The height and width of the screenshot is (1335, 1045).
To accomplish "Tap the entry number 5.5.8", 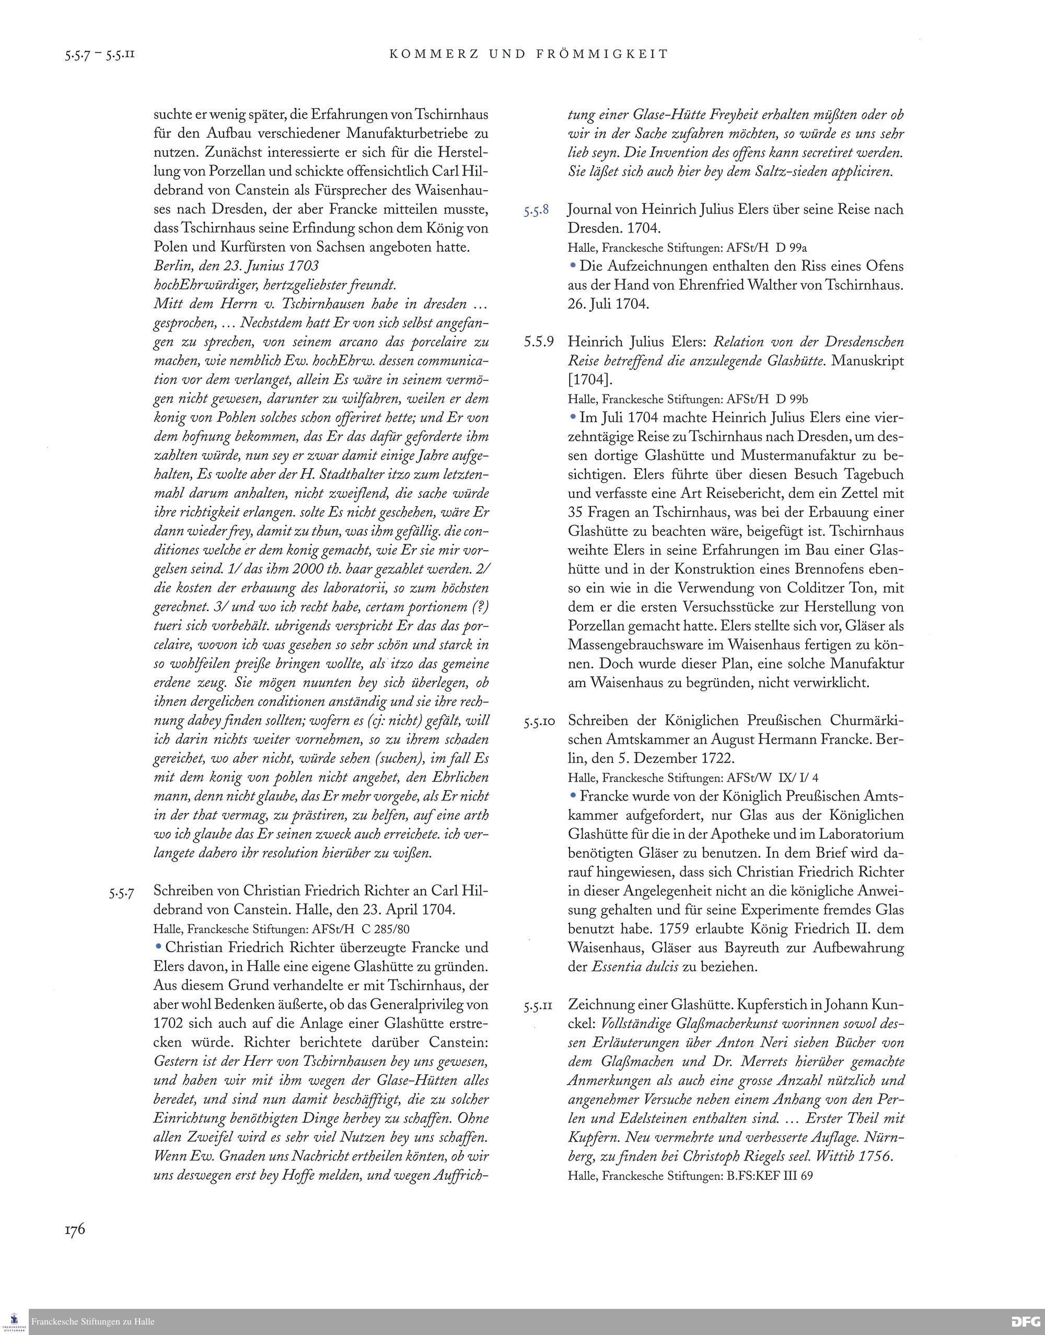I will point(536,211).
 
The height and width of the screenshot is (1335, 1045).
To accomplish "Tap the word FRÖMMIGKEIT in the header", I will point(602,54).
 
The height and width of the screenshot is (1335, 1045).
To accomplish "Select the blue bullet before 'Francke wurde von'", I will point(573,796).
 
